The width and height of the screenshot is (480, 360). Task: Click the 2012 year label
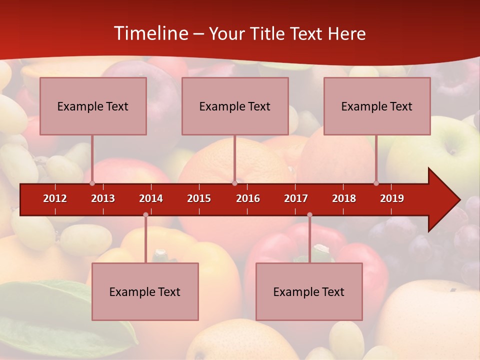[55, 198]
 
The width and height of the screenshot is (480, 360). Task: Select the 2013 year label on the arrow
[103, 198]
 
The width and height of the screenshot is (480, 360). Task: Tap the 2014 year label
[151, 198]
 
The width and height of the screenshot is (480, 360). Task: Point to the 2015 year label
[199, 198]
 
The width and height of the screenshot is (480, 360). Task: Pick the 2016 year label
[248, 198]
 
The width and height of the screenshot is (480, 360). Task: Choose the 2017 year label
[296, 198]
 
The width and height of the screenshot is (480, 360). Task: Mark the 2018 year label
[344, 198]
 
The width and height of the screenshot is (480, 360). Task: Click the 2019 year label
[392, 198]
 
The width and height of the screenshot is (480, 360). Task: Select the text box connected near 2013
[93, 106]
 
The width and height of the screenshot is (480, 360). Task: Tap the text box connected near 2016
[235, 106]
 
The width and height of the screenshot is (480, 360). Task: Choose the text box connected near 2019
[377, 106]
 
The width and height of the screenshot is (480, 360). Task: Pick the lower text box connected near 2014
[145, 291]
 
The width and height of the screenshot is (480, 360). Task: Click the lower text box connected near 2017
[309, 291]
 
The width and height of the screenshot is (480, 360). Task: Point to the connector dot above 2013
[92, 183]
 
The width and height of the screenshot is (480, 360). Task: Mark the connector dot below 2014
[145, 215]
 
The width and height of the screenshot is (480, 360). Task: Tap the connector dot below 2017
[309, 215]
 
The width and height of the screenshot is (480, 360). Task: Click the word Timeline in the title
[150, 33]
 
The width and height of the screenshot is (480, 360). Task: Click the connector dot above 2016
[234, 183]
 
